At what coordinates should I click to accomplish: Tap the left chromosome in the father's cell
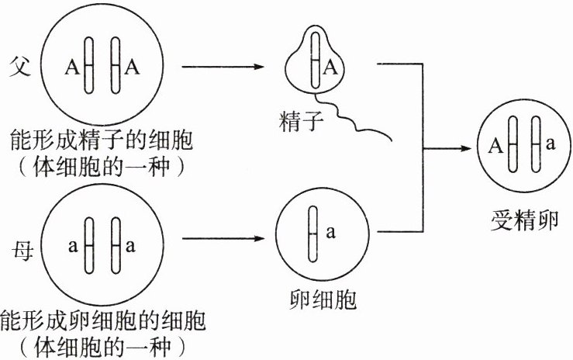[x=89, y=67]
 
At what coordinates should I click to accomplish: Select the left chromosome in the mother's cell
[x=88, y=247]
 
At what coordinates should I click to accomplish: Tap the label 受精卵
[x=519, y=215]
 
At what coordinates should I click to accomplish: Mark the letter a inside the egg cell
[x=330, y=231]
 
